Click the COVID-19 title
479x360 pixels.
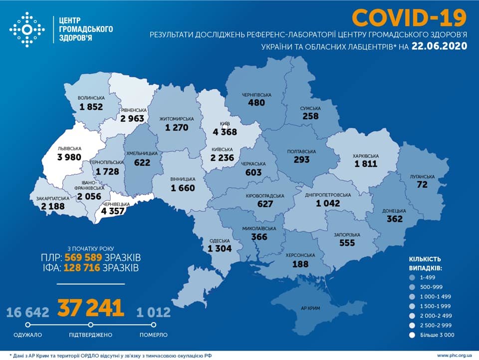point(409,18)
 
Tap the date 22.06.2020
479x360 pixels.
point(440,46)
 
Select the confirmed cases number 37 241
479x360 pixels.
point(91,308)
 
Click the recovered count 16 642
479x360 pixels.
point(28,313)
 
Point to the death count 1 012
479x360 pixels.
point(153,313)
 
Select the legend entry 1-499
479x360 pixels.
point(428,276)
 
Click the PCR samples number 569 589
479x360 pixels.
point(82,258)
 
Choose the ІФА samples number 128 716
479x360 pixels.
point(82,269)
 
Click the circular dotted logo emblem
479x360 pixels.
point(27,30)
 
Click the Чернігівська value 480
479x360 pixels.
point(257,102)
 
